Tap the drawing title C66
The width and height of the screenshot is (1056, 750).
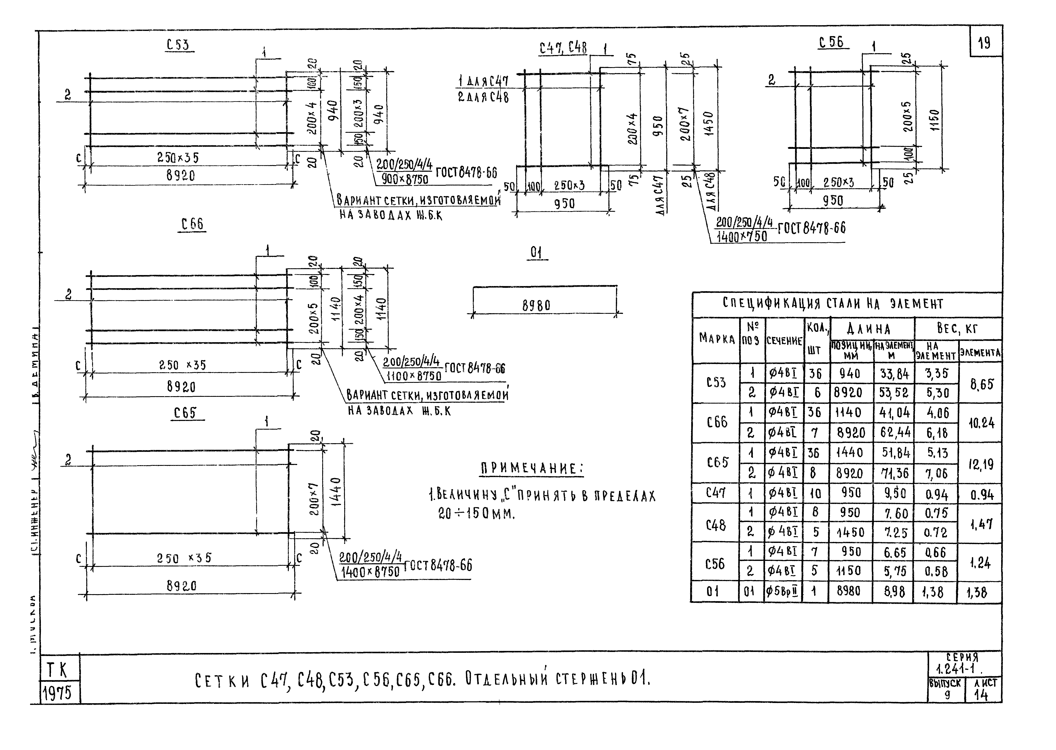click(x=192, y=224)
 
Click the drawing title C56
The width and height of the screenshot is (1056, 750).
click(x=831, y=43)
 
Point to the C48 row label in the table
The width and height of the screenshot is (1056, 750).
click(x=716, y=525)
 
